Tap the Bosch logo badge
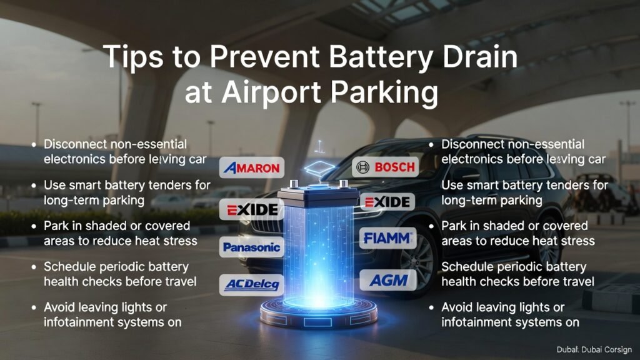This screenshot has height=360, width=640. click(384, 167)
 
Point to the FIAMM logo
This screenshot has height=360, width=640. click(387, 237)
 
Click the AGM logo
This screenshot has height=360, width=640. click(388, 280)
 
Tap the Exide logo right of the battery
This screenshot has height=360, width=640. click(387, 202)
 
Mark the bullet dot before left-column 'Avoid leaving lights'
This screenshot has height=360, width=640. click(34, 307)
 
